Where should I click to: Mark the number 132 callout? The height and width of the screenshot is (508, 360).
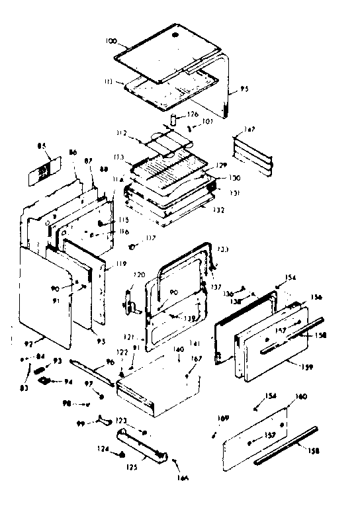coord(218,210)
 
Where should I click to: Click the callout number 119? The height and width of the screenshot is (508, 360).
coord(120,263)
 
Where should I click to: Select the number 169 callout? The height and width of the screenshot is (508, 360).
coord(223,419)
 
